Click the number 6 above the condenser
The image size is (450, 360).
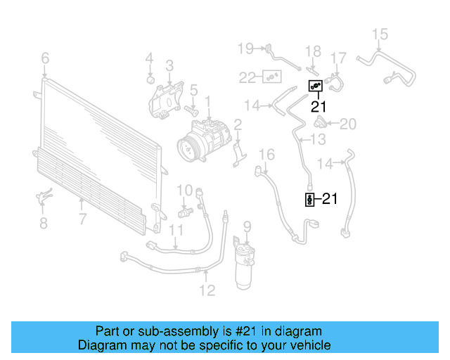45,57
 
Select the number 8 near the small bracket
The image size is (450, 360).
44,223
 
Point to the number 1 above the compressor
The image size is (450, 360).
208,103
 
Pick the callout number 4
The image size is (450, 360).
149,58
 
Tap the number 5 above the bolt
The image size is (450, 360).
193,89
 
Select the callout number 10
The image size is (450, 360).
184,189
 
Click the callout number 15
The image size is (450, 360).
380,34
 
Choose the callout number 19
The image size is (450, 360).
245,48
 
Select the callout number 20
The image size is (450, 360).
348,124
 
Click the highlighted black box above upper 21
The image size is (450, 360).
316,86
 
